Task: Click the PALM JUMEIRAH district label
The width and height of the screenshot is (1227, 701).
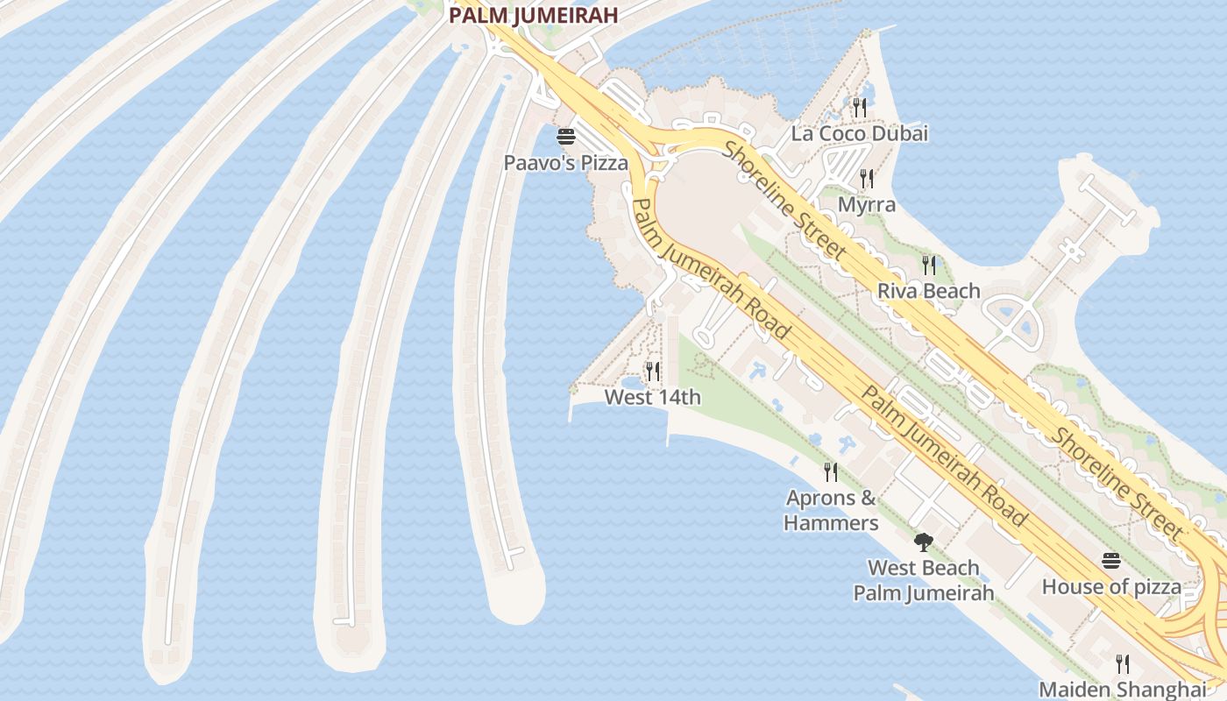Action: (x=533, y=15)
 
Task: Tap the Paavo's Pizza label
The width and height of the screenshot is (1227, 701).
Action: (x=565, y=163)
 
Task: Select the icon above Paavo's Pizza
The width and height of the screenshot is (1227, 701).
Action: (x=565, y=137)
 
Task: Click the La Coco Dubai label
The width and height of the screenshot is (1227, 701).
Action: (x=859, y=134)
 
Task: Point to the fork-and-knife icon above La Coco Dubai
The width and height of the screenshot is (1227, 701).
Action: (x=859, y=108)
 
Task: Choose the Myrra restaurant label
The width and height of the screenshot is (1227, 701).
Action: (x=867, y=205)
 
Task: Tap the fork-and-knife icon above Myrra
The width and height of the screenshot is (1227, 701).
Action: (x=867, y=179)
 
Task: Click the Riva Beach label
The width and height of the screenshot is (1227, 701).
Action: (x=928, y=291)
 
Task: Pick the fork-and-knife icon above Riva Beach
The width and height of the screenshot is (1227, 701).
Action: (x=928, y=264)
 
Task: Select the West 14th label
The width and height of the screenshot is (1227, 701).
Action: (x=653, y=398)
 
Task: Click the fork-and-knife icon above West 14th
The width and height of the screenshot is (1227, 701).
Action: (x=652, y=372)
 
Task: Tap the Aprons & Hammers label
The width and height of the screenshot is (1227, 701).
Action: (x=831, y=510)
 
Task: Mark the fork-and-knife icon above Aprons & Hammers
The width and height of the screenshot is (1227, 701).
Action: (x=830, y=472)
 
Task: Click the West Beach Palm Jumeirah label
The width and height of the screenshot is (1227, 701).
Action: (x=924, y=580)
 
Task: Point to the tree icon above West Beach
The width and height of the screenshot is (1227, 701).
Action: (x=923, y=542)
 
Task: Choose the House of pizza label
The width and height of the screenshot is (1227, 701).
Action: (x=1110, y=587)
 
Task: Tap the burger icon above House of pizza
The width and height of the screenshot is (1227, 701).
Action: (x=1110, y=561)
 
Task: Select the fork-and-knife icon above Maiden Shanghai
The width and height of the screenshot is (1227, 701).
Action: (x=1122, y=663)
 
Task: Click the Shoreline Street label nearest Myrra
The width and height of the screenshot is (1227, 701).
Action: (x=784, y=201)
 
